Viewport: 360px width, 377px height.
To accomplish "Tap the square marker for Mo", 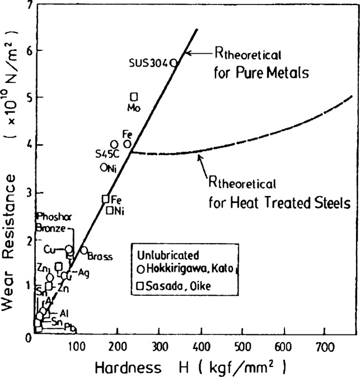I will [x=134, y=97].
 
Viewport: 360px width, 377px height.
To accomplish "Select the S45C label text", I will [x=107, y=153].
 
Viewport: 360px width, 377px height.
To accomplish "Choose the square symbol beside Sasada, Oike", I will [x=140, y=286].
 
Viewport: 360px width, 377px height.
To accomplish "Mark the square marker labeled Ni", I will [x=110, y=210].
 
